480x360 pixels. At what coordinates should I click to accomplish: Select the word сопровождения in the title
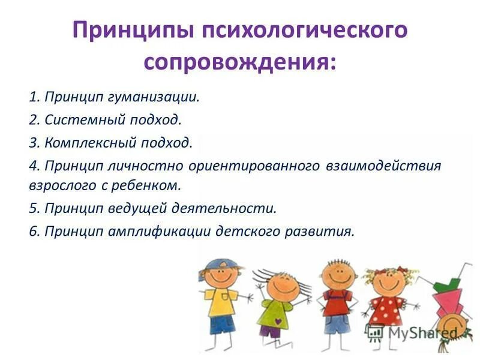[239, 61]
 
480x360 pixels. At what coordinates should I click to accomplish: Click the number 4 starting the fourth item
[32, 166]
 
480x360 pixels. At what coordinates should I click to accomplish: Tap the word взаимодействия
[384, 166]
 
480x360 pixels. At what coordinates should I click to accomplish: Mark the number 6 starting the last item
[32, 231]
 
